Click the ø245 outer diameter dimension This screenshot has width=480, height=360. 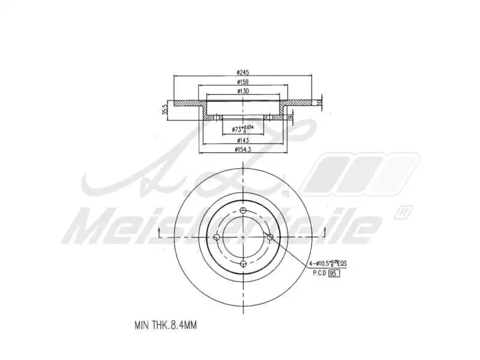coord(242,73)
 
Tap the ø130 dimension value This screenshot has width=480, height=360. coord(242,91)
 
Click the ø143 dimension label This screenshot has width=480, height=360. coord(242,140)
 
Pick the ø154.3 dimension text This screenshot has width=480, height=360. coord(242,150)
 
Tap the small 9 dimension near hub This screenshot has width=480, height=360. coord(289,118)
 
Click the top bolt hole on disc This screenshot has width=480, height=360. coord(242,210)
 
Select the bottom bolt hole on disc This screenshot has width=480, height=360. coord(242,264)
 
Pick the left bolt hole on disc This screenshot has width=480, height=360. coord(215,237)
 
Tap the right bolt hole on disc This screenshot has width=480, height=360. coord(269,237)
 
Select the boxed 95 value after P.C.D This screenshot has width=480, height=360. coord(335,273)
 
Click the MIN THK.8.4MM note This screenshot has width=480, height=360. coord(166,325)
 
